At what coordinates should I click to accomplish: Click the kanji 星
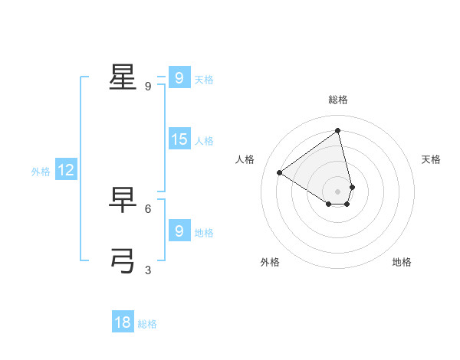coord(123,77)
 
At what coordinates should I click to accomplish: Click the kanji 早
coord(123,201)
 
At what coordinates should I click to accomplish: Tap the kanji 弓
coord(123,261)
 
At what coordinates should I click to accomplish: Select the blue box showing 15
coord(179,139)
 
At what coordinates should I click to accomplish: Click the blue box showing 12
coord(66,171)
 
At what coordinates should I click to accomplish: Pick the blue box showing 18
coord(123,322)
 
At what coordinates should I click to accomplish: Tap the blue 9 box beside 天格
coord(179,78)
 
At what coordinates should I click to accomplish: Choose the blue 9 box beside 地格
coord(179,231)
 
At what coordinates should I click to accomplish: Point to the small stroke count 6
coord(148,208)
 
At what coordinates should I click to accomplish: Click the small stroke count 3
coord(148,270)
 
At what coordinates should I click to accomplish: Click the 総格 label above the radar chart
coord(338,100)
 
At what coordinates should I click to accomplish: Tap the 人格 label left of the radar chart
coord(245,159)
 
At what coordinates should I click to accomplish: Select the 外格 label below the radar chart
coord(270,263)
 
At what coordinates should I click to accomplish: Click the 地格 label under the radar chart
coord(402,263)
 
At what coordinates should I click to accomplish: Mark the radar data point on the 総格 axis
coord(338,130)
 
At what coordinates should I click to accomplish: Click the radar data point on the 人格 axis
coord(280,173)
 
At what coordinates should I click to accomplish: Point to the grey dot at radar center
coord(338,191)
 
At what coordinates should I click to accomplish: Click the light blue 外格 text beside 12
coord(41,172)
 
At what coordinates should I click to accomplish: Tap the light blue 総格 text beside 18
coord(147,324)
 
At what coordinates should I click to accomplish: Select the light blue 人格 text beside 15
coord(204,141)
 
